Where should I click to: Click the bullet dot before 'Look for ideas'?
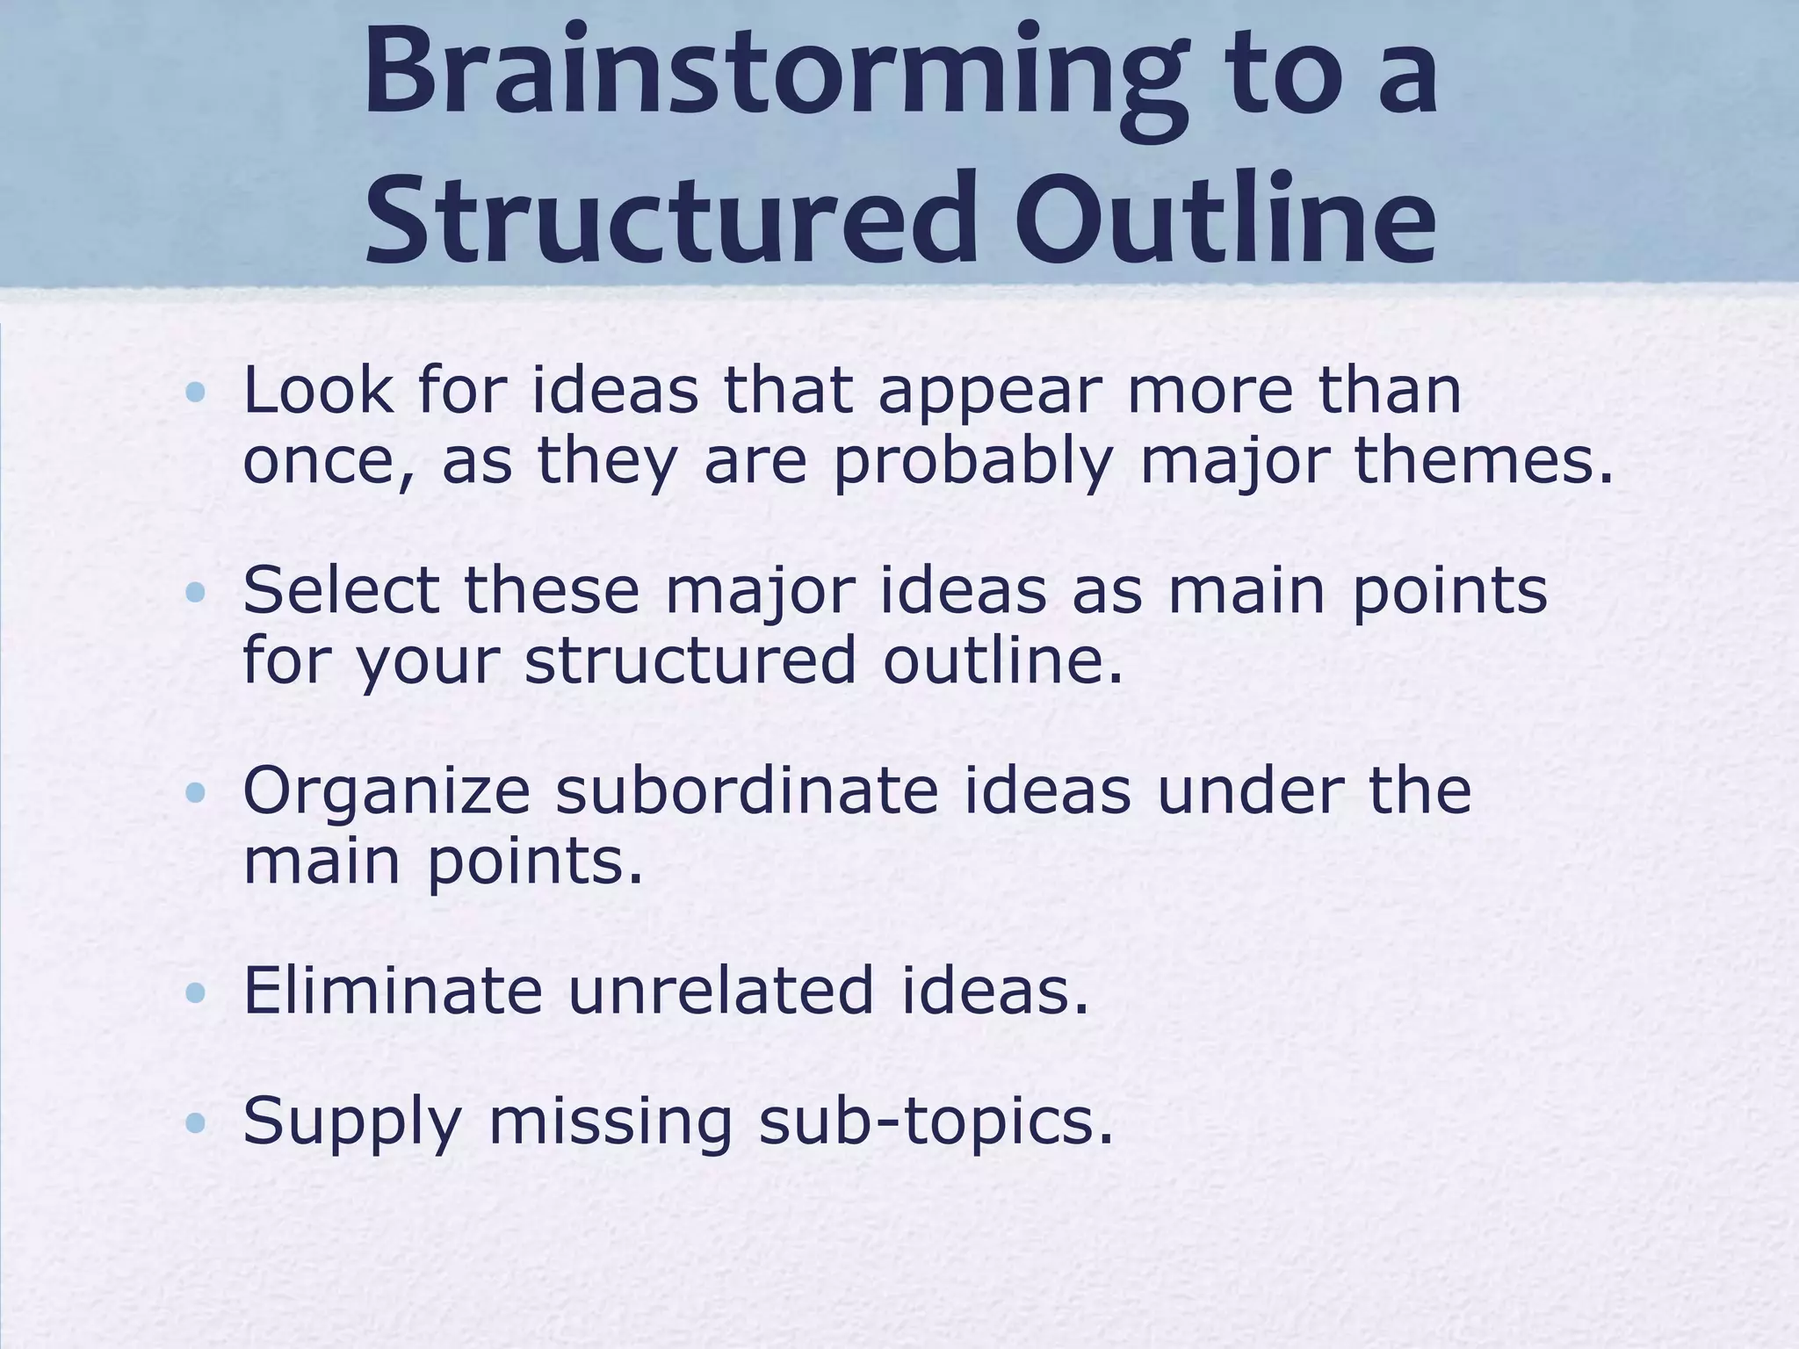point(196,392)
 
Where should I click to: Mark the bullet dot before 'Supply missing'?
point(196,1122)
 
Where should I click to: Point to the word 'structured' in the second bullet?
point(690,660)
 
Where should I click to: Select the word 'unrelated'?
point(721,991)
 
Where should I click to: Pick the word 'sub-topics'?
point(936,1122)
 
